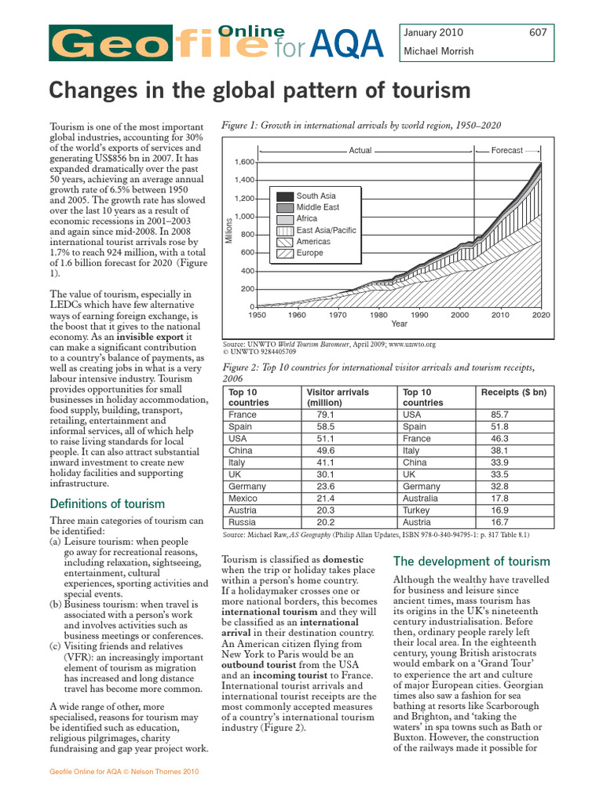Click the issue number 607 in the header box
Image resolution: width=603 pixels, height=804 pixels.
538,33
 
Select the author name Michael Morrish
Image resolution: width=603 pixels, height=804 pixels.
437,51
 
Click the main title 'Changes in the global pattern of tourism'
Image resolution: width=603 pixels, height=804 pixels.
260,91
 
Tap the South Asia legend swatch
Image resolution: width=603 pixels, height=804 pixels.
284,196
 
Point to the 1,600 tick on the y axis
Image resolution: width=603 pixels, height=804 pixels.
244,163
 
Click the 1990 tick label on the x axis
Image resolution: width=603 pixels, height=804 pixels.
419,315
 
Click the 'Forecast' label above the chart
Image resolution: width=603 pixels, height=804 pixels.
506,150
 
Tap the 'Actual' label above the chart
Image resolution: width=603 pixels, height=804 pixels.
360,150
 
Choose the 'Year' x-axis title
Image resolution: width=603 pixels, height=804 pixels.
399,323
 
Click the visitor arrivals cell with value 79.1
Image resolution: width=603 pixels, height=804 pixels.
324,415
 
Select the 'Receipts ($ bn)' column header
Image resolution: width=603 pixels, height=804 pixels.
513,393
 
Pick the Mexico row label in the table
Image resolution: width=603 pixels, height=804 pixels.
242,499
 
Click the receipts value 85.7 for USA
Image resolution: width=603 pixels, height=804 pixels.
499,415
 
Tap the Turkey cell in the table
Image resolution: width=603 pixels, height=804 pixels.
416,510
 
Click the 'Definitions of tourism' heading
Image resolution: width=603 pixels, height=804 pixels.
108,504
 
